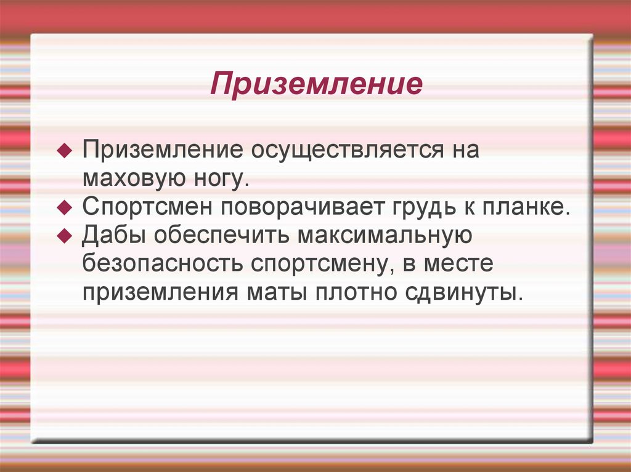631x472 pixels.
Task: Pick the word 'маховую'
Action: click(x=131, y=179)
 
